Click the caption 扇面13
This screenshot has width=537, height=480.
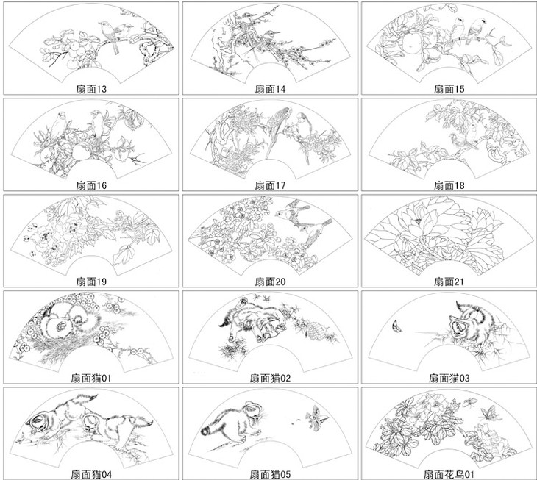point(91,89)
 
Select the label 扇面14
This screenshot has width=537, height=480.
point(270,89)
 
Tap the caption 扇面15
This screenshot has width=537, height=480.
point(449,89)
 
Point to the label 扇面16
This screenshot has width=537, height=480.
point(91,185)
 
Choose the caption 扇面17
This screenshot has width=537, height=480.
point(270,185)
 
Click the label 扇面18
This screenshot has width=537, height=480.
point(449,185)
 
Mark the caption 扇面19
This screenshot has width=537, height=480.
point(91,282)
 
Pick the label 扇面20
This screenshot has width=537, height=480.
point(270,282)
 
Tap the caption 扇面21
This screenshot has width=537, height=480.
point(449,282)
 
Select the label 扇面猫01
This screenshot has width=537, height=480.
point(91,378)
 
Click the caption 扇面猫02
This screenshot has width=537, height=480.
point(270,378)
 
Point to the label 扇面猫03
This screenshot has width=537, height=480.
point(449,378)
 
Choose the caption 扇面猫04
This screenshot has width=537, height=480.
point(91,474)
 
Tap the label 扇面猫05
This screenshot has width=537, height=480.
point(270,474)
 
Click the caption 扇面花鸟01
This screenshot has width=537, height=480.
point(449,474)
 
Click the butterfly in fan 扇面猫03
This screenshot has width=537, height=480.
point(397,326)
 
